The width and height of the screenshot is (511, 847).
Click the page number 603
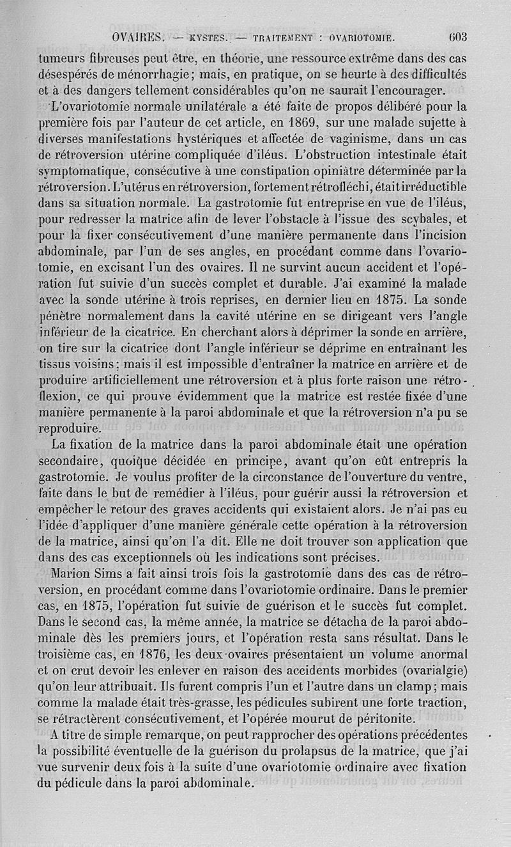pos(458,36)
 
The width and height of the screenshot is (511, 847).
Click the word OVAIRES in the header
pos(137,37)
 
